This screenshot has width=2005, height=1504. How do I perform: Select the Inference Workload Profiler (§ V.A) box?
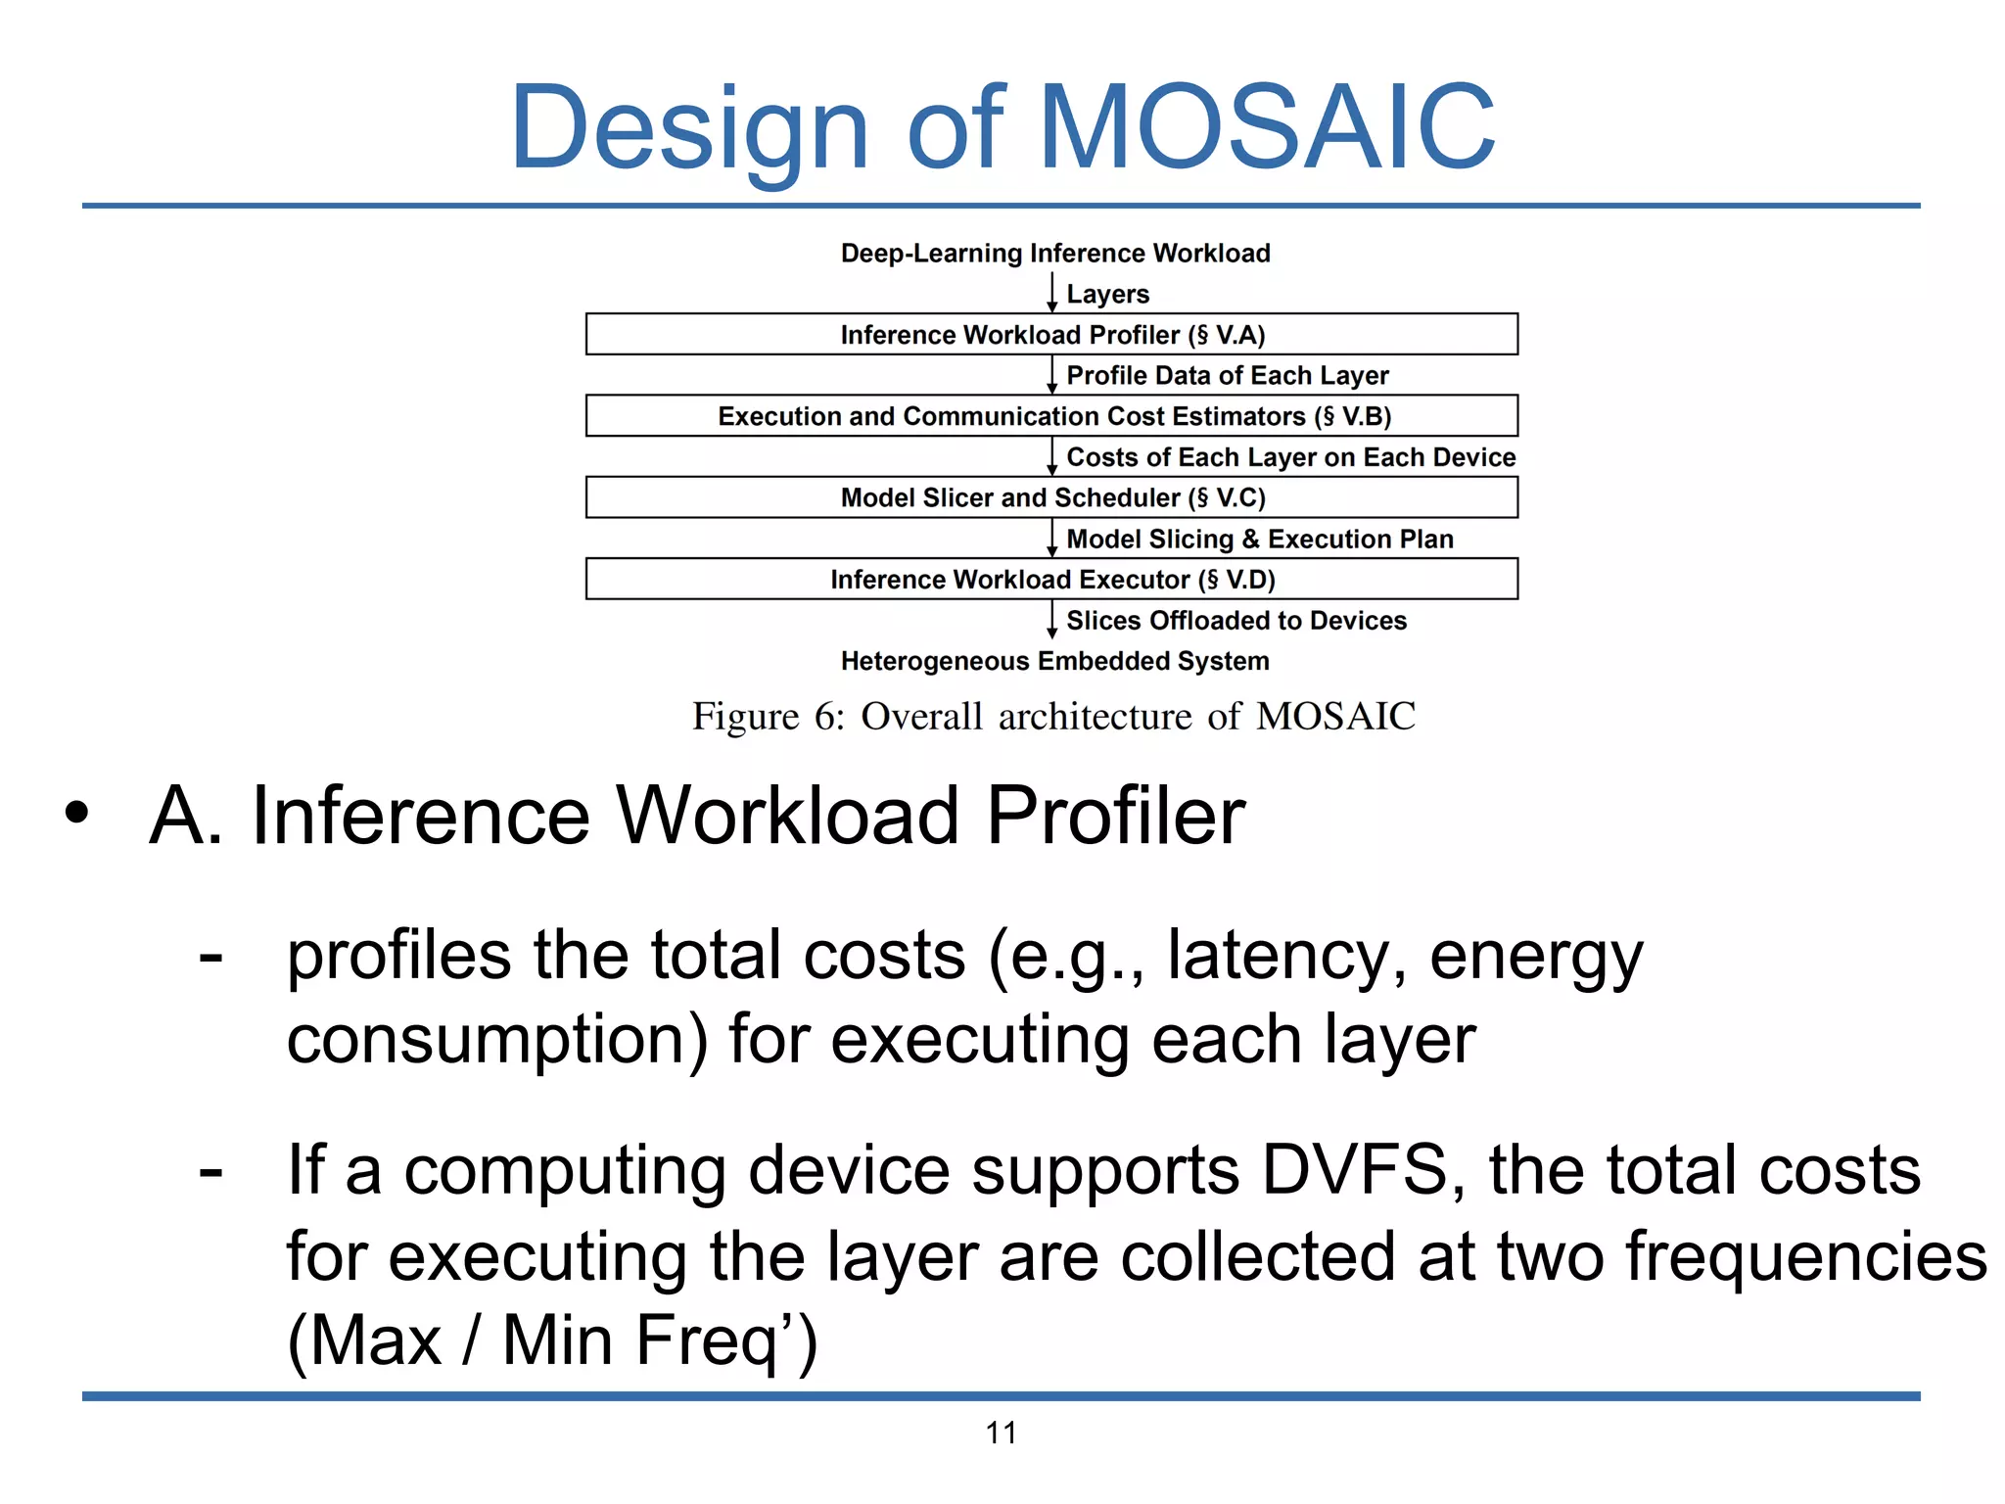[x=1051, y=335]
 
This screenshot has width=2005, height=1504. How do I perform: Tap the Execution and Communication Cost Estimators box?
[x=1051, y=416]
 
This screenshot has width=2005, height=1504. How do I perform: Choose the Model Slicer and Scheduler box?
[x=1051, y=497]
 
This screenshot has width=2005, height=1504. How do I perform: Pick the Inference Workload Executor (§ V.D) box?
[x=1051, y=580]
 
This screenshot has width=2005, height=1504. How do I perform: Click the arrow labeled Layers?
[x=1051, y=293]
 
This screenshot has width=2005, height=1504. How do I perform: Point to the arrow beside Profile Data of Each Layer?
[x=1051, y=375]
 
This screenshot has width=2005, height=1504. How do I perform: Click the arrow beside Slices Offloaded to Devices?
[x=1051, y=620]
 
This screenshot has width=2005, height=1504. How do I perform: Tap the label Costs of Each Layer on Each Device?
[x=1290, y=457]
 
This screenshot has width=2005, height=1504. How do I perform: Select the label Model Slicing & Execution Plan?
[x=1259, y=539]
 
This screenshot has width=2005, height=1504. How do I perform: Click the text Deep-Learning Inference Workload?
[x=1054, y=254]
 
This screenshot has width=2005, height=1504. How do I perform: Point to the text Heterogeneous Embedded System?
[x=1054, y=661]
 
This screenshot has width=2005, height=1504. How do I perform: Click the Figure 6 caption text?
[x=1053, y=716]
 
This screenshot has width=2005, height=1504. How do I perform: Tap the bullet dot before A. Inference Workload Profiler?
[x=76, y=814]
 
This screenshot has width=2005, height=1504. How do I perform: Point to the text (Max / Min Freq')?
[x=551, y=1339]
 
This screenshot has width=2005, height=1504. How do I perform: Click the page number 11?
[x=1001, y=1433]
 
